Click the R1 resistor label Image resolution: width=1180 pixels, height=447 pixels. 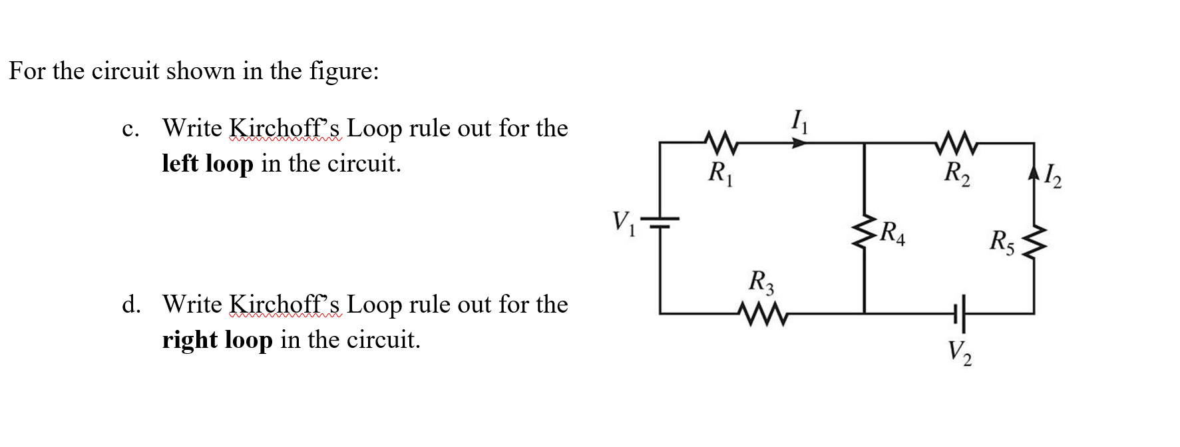(718, 174)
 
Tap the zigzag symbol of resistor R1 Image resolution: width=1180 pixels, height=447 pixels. (718, 142)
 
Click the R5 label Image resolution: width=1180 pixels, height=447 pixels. (1002, 241)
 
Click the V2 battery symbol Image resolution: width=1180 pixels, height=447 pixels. (959, 313)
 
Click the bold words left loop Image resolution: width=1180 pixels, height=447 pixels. (208, 164)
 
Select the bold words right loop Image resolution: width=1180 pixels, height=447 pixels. (217, 340)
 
